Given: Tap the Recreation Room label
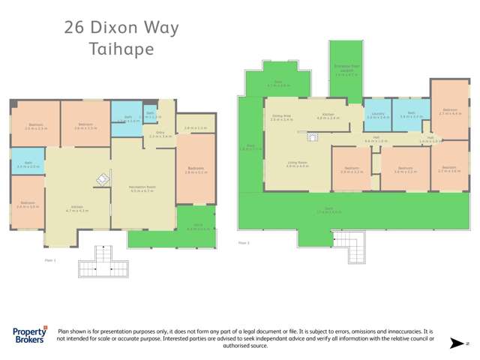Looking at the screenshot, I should click(x=142, y=189).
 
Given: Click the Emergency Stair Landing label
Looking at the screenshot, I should click(x=345, y=72).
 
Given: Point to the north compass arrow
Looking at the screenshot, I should click(x=454, y=343).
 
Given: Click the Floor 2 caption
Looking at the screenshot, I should click(x=244, y=242).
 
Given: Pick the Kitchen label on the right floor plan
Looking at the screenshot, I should click(x=328, y=116).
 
